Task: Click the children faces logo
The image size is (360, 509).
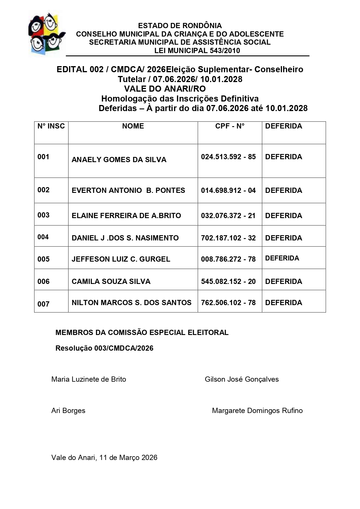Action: pyautogui.click(x=47, y=33)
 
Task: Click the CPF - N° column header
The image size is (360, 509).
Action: pyautogui.click(x=229, y=126)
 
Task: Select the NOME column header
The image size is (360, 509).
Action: pyautogui.click(x=133, y=126)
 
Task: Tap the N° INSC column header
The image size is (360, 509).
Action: pyautogui.click(x=51, y=126)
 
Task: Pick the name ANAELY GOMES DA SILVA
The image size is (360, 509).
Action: pyautogui.click(x=119, y=160)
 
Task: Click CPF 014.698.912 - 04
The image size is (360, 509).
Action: pyautogui.click(x=228, y=191)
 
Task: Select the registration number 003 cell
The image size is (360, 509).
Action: pyautogui.click(x=44, y=215)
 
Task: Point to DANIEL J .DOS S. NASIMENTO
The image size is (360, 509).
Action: pyautogui.click(x=125, y=238)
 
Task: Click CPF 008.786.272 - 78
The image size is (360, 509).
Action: pyautogui.click(x=228, y=259)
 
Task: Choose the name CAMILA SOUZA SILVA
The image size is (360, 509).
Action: pyautogui.click(x=111, y=282)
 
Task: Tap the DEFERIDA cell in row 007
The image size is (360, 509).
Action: pyautogui.click(x=283, y=303)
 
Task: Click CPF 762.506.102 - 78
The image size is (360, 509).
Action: pyautogui.click(x=228, y=303)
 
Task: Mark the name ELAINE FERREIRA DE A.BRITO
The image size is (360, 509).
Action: pyautogui.click(x=126, y=216)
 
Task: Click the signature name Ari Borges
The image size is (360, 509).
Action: pyautogui.click(x=68, y=411)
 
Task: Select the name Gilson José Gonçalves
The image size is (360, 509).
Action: pyautogui.click(x=242, y=379)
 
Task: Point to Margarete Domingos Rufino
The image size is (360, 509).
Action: pyautogui.click(x=257, y=411)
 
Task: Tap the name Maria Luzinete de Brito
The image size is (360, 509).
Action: pyautogui.click(x=88, y=379)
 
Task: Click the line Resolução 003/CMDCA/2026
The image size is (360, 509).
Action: pyautogui.click(x=104, y=348)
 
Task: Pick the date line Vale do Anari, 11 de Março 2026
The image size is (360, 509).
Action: pyautogui.click(x=104, y=458)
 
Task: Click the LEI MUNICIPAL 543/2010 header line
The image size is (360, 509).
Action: pyautogui.click(x=197, y=51)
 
